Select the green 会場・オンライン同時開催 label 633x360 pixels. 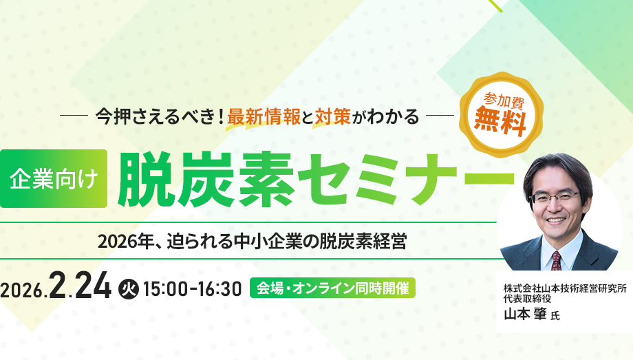(333, 288)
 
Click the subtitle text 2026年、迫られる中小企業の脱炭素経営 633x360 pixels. (252, 242)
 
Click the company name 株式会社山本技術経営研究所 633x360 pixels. (564, 289)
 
